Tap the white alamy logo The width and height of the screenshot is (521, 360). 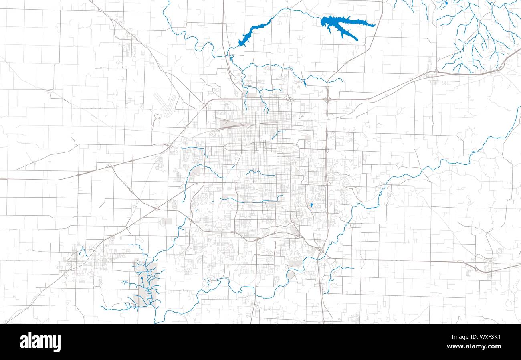(x=40, y=342)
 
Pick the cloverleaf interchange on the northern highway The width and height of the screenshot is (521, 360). (x=327, y=99)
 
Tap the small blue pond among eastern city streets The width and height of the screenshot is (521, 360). (x=311, y=206)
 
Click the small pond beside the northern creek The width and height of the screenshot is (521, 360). (x=305, y=84)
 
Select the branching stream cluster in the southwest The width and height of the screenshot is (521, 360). (x=144, y=281)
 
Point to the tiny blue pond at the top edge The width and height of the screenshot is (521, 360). (x=446, y=3)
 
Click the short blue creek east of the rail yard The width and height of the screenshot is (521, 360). (x=279, y=134)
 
